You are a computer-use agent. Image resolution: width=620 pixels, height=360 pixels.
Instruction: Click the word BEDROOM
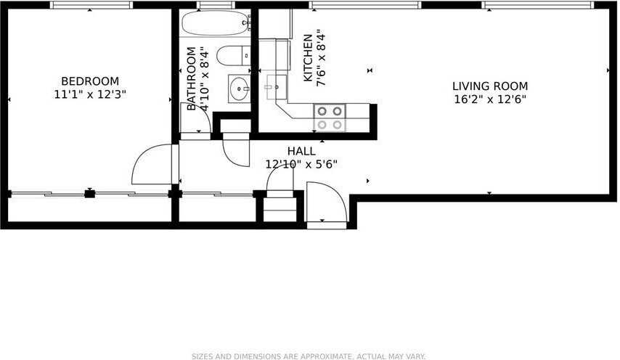tap(90, 81)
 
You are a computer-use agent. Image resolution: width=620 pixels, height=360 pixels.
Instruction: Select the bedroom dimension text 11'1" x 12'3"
tap(90, 94)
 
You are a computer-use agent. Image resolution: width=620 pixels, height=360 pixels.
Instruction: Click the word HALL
tap(301, 151)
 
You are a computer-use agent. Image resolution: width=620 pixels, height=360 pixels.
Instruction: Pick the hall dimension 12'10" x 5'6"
tap(301, 164)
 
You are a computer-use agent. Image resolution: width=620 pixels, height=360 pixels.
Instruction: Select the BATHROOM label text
tap(192, 78)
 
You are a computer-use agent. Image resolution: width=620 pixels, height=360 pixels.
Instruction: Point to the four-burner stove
tap(330, 118)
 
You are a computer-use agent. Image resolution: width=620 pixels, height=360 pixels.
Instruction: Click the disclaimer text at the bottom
tap(309, 356)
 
